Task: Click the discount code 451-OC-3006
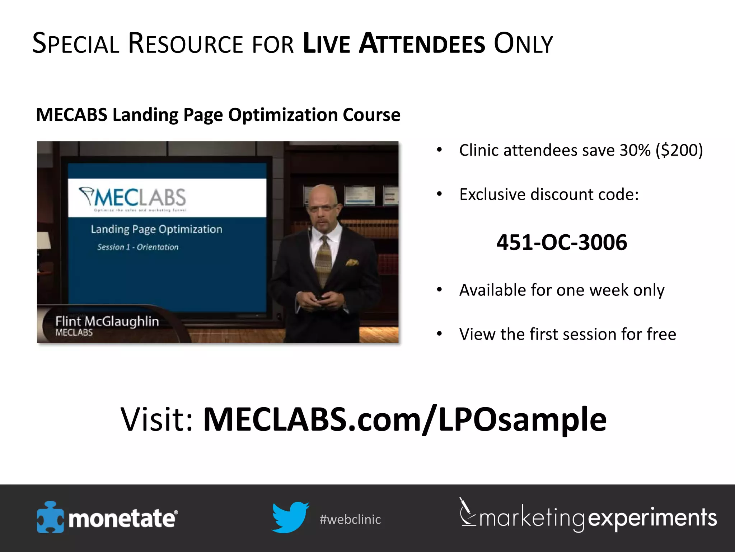tap(562, 242)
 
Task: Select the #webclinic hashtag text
tap(350, 519)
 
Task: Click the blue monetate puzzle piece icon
tap(50, 517)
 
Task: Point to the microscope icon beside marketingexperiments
tap(467, 512)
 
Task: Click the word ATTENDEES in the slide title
tap(422, 44)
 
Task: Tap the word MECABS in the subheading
tap(71, 115)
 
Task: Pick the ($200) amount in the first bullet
tap(679, 150)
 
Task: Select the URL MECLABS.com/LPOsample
tap(405, 419)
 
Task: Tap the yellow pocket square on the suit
tap(352, 263)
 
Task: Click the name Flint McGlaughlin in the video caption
tap(107, 321)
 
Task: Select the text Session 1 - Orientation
tap(138, 247)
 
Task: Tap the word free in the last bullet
tap(661, 334)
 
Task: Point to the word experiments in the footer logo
tap(652, 518)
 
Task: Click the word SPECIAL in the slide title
tap(76, 44)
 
